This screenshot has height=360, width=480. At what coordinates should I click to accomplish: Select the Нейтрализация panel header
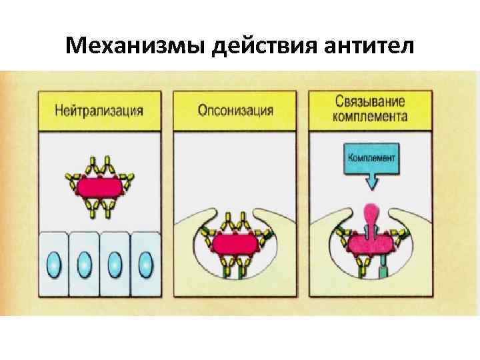99,109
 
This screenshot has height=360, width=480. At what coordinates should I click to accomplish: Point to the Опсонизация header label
235,109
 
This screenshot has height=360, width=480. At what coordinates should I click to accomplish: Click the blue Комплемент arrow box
371,159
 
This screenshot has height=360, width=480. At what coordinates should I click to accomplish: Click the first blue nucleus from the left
53,265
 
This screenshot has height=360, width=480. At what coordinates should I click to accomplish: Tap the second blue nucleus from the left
85,265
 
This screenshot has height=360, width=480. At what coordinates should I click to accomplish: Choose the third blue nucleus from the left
115,265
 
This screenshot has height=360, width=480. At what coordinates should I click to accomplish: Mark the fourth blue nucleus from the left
146,265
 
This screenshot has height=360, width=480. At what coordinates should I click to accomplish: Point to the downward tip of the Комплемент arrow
371,187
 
